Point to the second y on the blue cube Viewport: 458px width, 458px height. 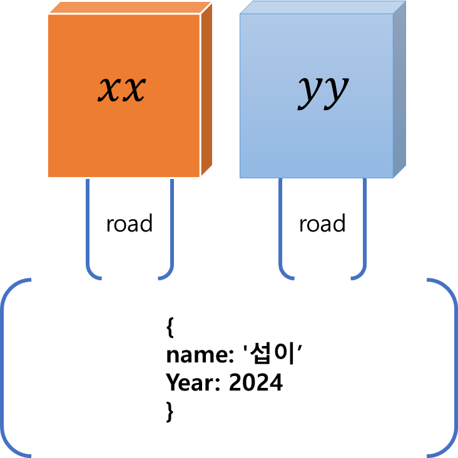pyautogui.click(x=335, y=91)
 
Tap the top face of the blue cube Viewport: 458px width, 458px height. pyautogui.click(x=323, y=7)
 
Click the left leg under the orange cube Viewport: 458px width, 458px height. pyautogui.click(x=88, y=225)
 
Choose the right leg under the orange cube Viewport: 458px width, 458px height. pyautogui.click(x=171, y=225)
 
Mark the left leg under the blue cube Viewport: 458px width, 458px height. pyautogui.click(x=280, y=225)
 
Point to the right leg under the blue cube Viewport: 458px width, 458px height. pyautogui.click(x=364, y=225)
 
